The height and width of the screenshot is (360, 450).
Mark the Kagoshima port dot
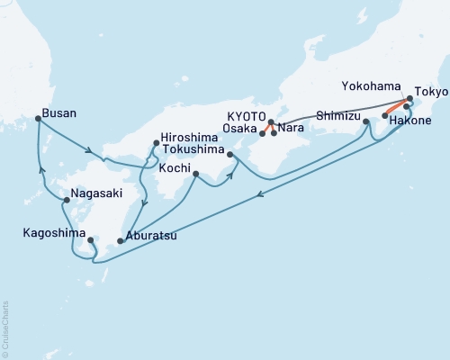point(91,240)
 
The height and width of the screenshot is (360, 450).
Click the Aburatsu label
point(152,238)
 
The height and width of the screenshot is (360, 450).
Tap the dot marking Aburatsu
point(120,241)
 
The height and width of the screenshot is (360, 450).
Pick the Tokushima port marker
point(230,155)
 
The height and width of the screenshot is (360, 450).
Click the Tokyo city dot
point(410,97)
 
